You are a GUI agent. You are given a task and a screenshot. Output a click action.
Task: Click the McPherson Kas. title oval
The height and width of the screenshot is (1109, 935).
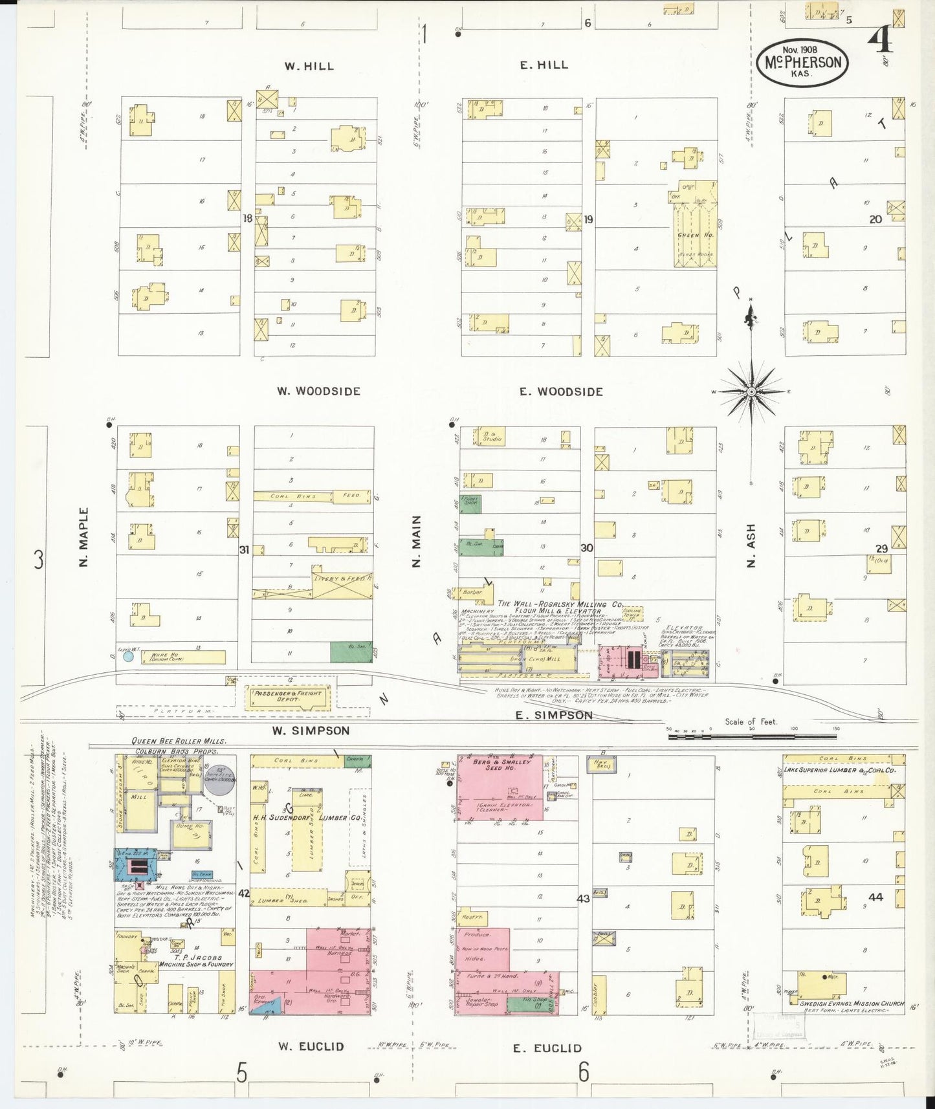coord(802,62)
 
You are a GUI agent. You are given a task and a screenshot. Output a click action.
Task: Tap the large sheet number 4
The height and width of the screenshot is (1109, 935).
coord(881,40)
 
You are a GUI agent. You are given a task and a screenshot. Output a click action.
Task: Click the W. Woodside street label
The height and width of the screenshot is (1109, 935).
coord(318,391)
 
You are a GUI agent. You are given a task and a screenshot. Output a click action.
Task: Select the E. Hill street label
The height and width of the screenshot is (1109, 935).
coord(544,65)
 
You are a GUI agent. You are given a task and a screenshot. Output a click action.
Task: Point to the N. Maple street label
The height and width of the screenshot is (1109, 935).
coord(83,537)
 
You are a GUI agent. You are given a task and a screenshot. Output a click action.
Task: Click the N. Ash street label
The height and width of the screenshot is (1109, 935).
coord(751,545)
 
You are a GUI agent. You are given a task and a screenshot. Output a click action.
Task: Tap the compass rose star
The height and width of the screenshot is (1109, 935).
coord(751,391)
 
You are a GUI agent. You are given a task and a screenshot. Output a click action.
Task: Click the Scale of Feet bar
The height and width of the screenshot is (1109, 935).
coord(751,736)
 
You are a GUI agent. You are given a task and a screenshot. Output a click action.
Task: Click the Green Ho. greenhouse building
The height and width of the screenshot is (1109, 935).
coord(695,234)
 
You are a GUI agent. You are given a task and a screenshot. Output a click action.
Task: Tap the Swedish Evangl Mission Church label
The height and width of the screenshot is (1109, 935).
coord(851,1004)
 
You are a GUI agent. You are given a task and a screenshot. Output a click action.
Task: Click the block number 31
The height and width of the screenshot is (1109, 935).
coord(244,550)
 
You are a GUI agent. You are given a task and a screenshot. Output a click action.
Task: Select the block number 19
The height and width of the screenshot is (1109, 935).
coord(588,219)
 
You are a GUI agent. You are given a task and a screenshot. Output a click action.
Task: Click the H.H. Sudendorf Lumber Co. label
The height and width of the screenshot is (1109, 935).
coord(307,818)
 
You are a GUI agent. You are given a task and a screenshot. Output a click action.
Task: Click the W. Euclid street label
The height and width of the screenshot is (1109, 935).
coord(311,1046)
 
